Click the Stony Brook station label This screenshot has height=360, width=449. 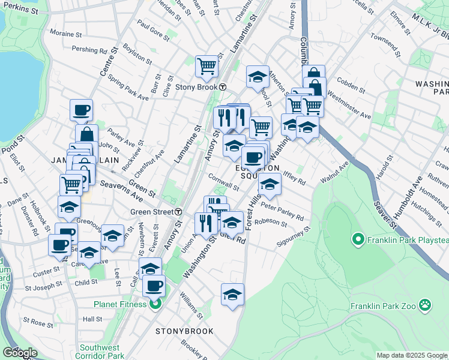[196, 86]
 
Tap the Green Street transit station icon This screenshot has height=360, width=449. [179, 212]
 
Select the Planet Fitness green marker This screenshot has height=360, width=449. [155, 304]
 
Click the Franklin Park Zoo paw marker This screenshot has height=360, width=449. [425, 304]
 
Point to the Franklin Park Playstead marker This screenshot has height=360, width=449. [358, 241]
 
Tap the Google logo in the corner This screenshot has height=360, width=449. [20, 353]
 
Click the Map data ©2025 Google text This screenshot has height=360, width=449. [412, 355]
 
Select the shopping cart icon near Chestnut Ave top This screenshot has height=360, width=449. [206, 66]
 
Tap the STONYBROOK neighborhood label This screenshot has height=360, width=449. [181, 331]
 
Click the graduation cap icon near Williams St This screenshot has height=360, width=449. [232, 295]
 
